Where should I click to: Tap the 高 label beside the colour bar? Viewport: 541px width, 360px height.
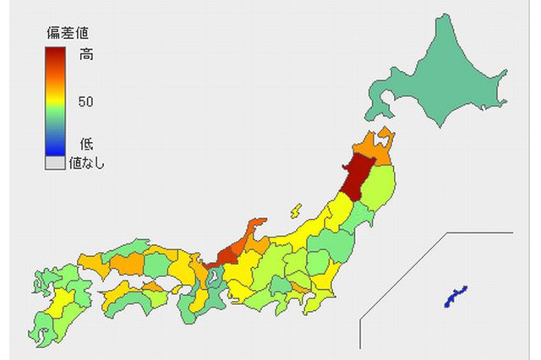[x=86, y=55]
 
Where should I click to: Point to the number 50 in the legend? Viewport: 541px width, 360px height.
[x=85, y=102]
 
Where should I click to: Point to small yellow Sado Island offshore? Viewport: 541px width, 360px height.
[x=296, y=209]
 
